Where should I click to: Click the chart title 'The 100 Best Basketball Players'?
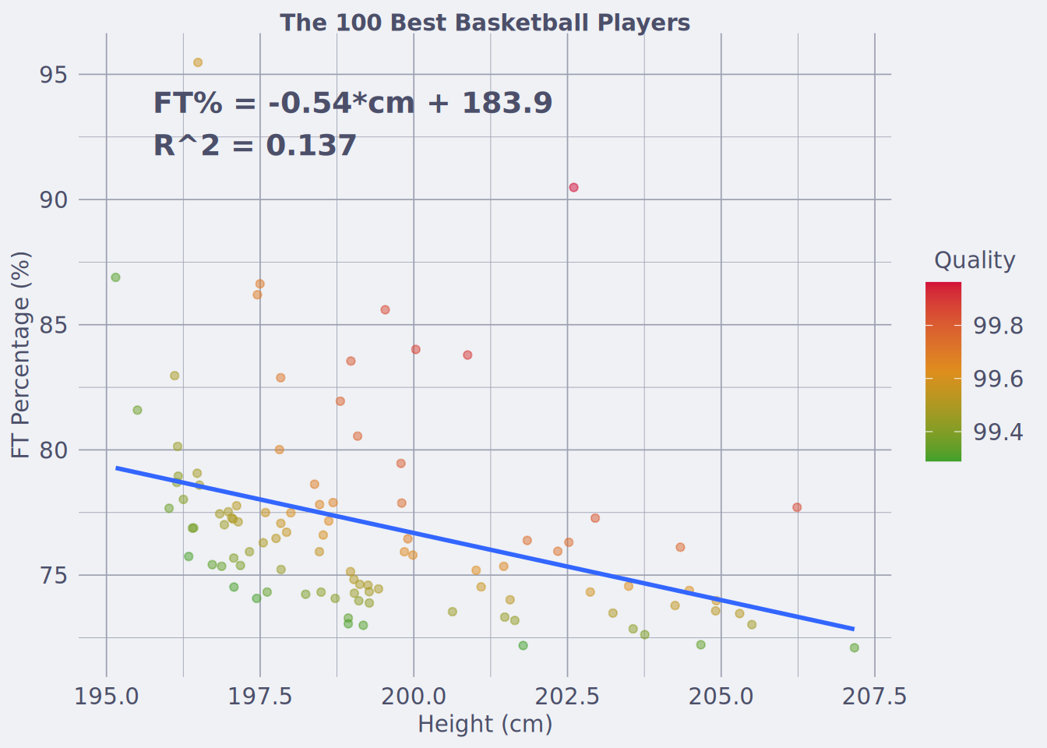pos(485,23)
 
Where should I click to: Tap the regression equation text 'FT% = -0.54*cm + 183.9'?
pos(353,103)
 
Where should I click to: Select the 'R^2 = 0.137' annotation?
pos(255,146)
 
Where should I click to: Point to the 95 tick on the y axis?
pos(53,75)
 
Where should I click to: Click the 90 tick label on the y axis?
pos(53,200)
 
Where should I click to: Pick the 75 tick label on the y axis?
pos(53,576)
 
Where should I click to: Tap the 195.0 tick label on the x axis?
pos(107,697)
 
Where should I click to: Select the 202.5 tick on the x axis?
pos(567,697)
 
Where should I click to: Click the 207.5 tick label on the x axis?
pos(875,697)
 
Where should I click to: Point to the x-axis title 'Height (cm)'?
pos(485,725)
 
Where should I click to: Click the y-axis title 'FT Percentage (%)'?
pos(20,355)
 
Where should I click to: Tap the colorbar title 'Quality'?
pos(975,260)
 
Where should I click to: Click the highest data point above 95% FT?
pos(198,62)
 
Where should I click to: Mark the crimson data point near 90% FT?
pos(573,188)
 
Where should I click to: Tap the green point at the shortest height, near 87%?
pos(115,277)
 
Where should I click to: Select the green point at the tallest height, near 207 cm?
pos(855,648)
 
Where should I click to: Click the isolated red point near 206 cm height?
pos(797,508)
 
